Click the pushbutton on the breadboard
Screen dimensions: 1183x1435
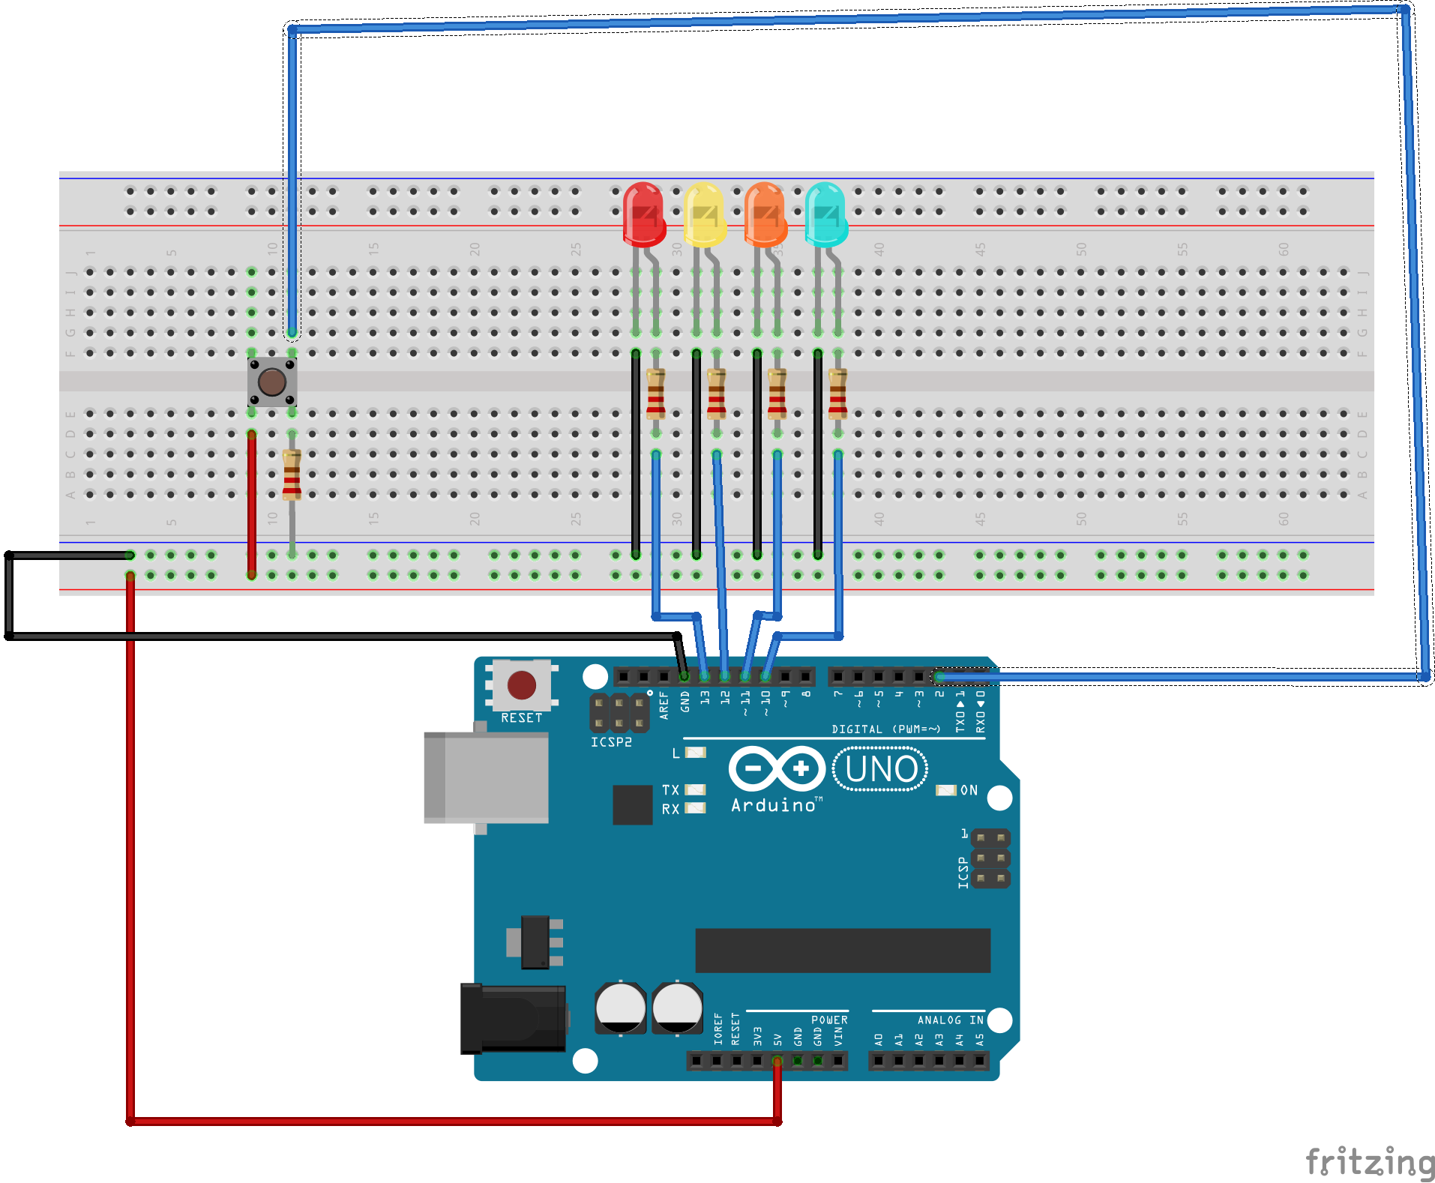271,382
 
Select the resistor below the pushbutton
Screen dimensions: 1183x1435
292,475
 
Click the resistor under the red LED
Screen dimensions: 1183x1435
656,394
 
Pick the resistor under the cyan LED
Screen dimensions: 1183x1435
837,394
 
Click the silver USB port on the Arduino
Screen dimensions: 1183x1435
486,777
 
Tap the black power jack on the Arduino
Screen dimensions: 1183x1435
513,1019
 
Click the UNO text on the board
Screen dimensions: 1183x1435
880,769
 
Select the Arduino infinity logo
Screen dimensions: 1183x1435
776,768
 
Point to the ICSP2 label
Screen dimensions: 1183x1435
611,742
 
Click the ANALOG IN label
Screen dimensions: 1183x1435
950,1020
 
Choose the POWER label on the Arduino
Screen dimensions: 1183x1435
829,1020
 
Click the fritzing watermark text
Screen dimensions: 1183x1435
1369,1162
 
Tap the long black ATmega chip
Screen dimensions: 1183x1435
842,950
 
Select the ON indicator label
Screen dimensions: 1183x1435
969,790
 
